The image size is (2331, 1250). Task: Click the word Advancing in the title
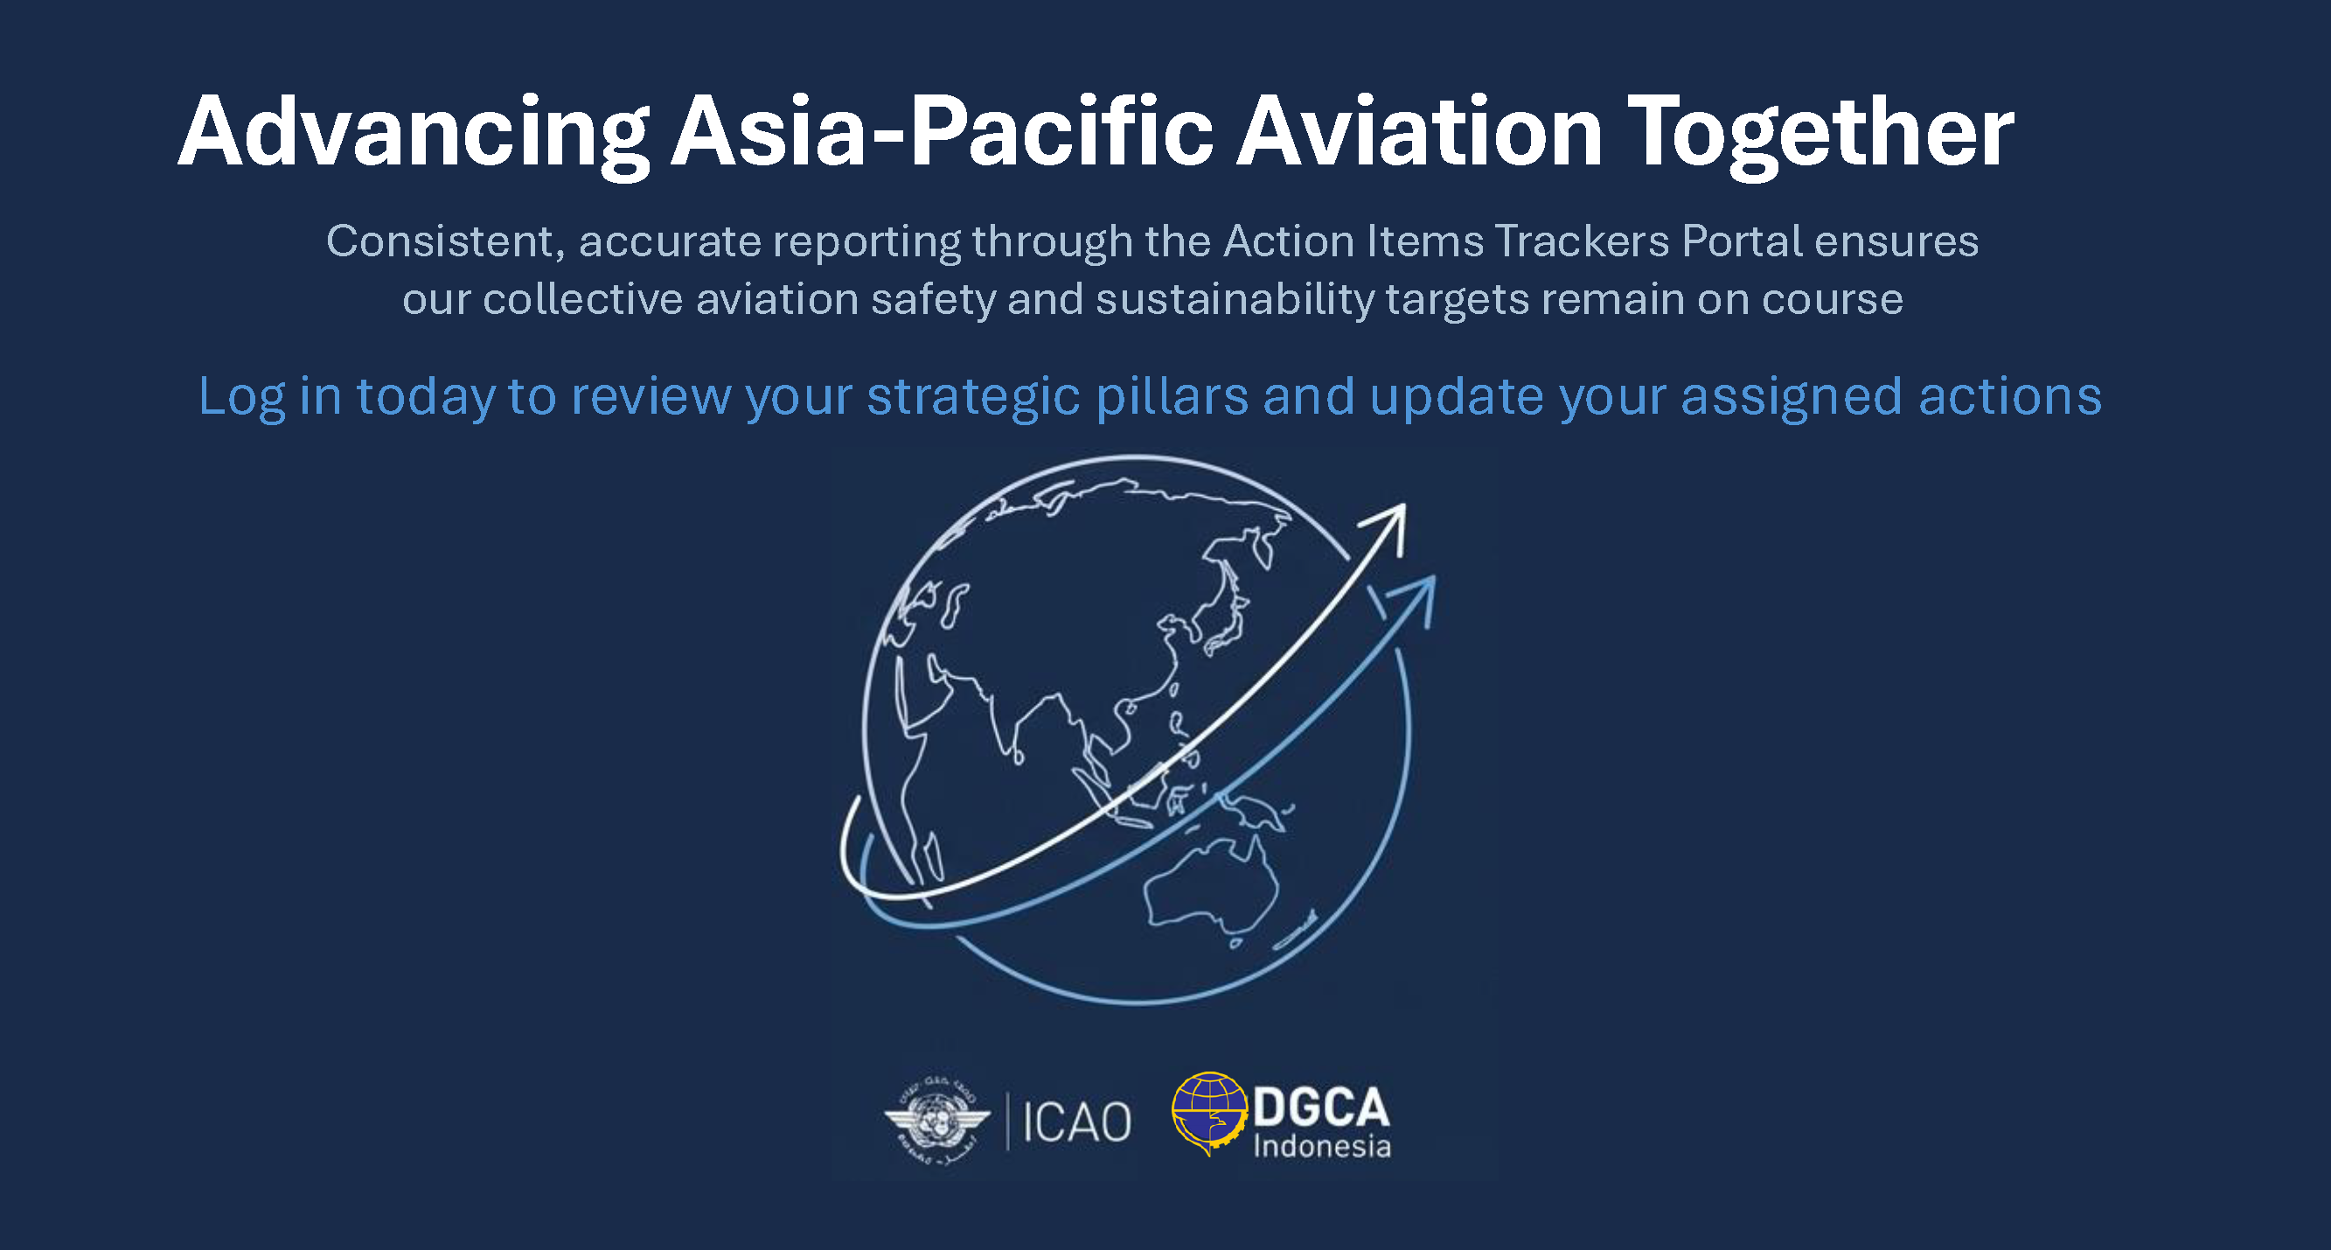coord(414,133)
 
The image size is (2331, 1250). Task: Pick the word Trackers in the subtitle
coord(1581,241)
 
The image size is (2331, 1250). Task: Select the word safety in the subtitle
coord(932,300)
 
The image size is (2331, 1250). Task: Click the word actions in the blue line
coord(2010,396)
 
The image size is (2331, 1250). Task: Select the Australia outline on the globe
coord(1211,888)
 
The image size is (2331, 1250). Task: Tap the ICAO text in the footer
coord(1077,1122)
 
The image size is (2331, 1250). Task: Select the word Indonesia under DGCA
coord(1322,1147)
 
